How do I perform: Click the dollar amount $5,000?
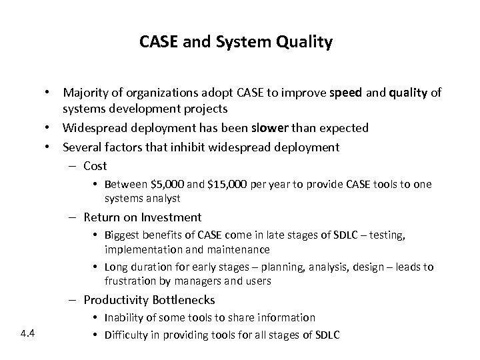[155, 184]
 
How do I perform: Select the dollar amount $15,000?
[212, 184]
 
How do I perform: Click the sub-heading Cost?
[95, 165]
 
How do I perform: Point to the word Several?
[82, 146]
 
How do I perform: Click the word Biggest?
[122, 236]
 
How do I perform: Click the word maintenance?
[238, 249]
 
